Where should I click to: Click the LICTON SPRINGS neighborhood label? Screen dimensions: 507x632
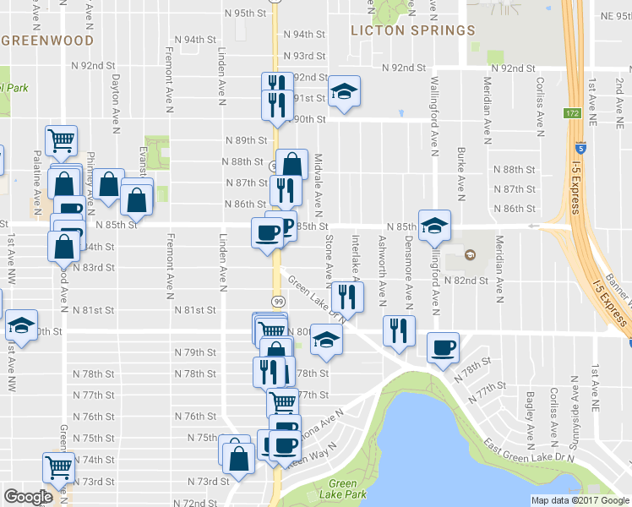[413, 30]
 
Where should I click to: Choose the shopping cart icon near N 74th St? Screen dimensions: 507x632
[58, 465]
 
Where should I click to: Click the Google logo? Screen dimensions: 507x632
[28, 497]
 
